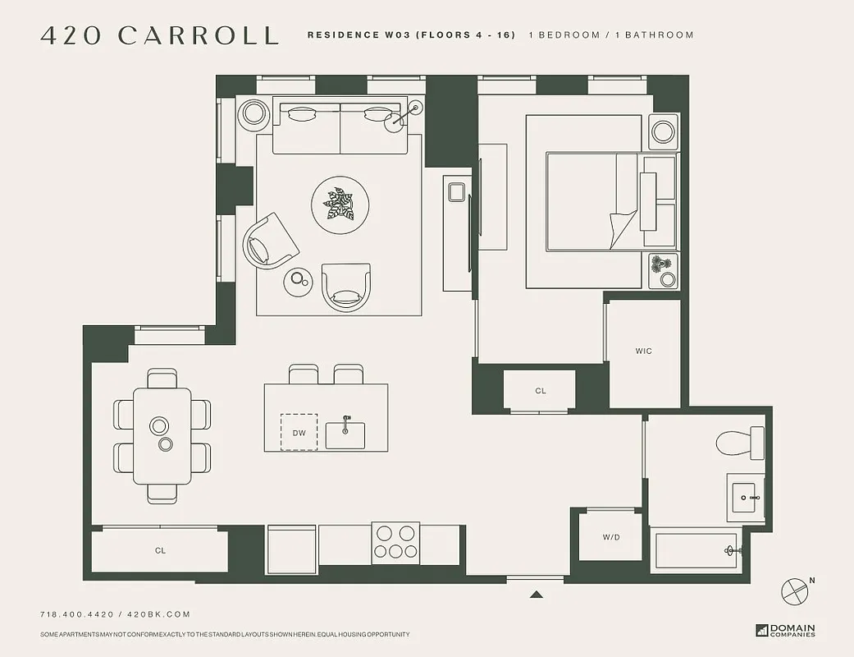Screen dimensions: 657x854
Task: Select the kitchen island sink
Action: pos(345,434)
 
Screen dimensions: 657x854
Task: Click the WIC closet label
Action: pos(644,351)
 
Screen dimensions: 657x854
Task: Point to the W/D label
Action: pos(611,537)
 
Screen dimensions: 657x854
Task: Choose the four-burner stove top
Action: pos(395,543)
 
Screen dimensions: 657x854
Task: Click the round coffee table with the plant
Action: pos(340,203)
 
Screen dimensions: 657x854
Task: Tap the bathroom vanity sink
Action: pos(747,498)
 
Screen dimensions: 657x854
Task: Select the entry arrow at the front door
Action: pos(536,595)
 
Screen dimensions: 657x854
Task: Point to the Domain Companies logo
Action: pos(785,631)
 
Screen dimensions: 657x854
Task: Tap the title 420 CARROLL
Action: pos(159,35)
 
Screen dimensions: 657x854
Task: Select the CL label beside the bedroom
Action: pos(540,391)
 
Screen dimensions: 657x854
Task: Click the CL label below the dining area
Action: pos(160,550)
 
